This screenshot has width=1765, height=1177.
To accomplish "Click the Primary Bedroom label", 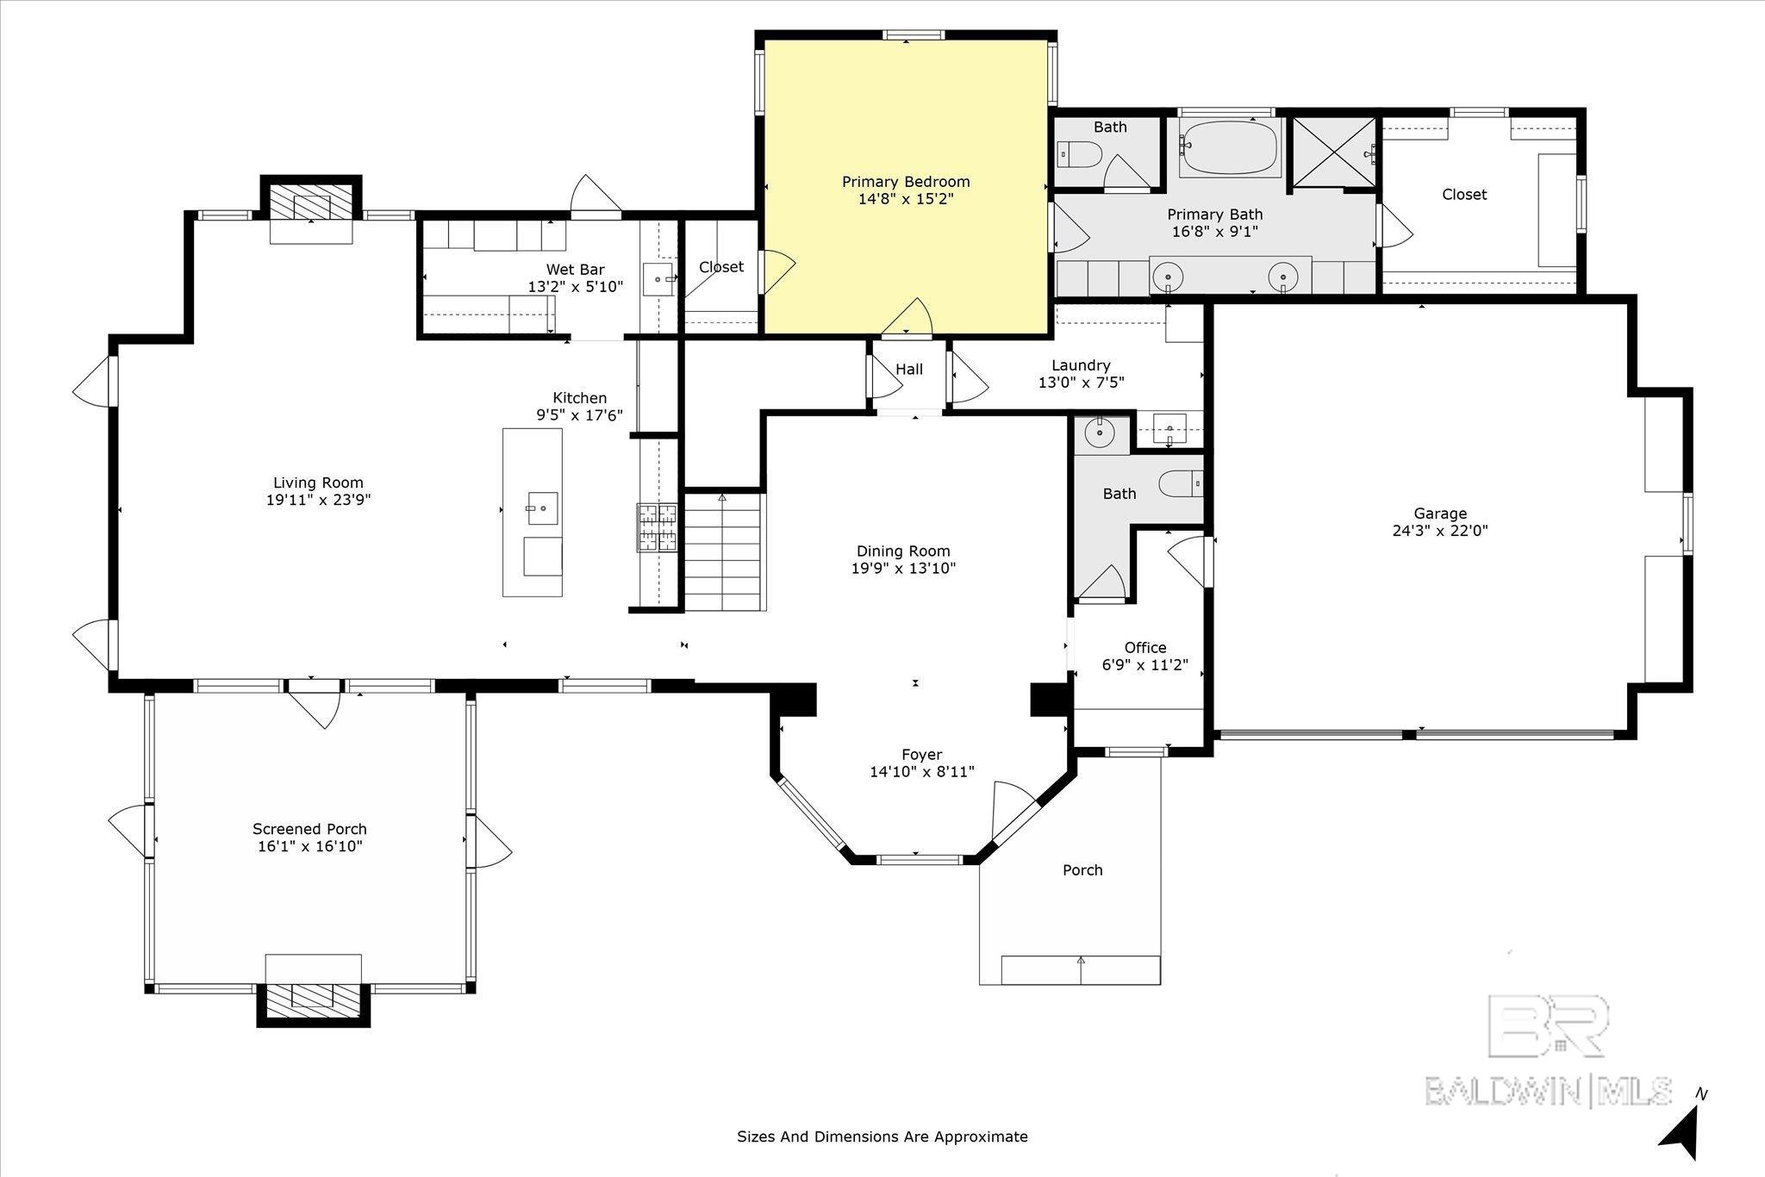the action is tap(906, 182).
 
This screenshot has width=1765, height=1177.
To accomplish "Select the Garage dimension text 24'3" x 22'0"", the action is tap(1440, 531).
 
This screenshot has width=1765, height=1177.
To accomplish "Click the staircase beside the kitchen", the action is tap(724, 551).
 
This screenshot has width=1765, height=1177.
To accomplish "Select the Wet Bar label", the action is tap(576, 270).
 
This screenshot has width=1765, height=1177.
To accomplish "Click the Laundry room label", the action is tap(1081, 365).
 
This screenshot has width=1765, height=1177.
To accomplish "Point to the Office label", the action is tap(1145, 648).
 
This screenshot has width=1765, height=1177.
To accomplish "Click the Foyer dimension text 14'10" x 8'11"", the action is tap(922, 772).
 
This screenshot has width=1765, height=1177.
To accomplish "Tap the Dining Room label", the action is tap(903, 551).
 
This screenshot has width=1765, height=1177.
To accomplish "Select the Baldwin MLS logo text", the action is tap(1548, 1091).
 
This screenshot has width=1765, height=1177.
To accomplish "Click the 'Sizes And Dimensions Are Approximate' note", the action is tap(882, 1137).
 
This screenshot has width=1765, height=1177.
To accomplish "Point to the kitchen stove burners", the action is tap(657, 527).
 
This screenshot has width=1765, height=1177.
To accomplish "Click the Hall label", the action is tap(909, 369).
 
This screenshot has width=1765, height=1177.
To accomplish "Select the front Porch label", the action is tap(1082, 870).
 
